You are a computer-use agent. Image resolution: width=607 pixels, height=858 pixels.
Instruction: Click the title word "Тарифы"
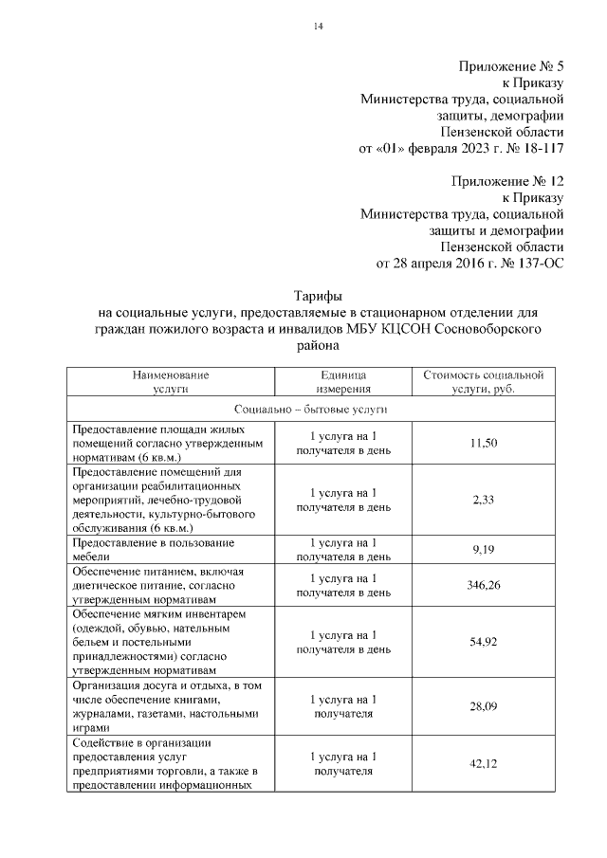click(x=319, y=296)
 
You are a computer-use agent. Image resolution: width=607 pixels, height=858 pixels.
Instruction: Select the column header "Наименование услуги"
click(x=170, y=382)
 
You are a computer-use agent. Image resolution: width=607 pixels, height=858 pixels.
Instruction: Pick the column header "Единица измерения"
click(x=343, y=382)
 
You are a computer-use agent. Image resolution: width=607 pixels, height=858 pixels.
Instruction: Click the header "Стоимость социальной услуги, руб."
click(x=483, y=382)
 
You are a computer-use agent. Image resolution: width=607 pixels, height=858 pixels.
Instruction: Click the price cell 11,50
click(x=483, y=443)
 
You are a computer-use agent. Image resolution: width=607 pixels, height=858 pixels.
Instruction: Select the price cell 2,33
click(x=483, y=499)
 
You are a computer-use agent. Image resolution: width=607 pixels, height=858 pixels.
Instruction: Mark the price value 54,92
click(x=483, y=642)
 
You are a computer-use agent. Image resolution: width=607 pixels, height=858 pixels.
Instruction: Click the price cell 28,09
click(x=483, y=705)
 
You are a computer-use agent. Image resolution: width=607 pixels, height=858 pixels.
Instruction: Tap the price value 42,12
click(x=483, y=763)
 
